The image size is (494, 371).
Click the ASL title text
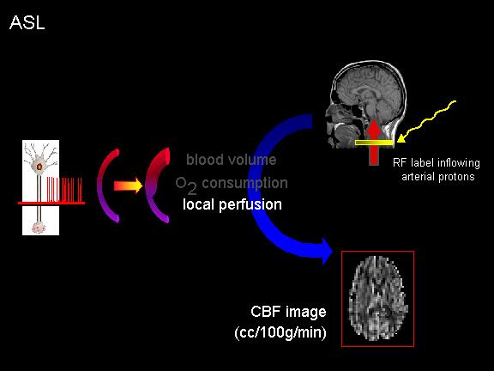point(27,22)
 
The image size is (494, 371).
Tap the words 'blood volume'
point(232,160)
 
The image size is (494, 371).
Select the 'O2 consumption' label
point(232,185)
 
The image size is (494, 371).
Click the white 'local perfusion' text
point(232,204)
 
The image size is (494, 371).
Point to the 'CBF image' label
point(288,312)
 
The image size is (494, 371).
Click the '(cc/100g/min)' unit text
point(280,332)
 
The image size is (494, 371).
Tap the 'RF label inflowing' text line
point(437,163)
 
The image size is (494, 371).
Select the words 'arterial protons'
point(438,177)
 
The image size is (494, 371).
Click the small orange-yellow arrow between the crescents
point(128,185)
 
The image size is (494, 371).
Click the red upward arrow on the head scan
point(374,142)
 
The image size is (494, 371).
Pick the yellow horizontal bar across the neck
point(374,143)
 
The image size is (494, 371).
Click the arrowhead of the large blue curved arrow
point(327,252)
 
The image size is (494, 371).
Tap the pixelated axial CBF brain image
point(377,299)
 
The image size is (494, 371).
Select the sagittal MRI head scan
point(366,105)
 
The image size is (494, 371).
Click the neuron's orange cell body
point(39,167)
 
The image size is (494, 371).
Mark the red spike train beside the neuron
point(64,189)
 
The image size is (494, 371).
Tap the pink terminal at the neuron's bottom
point(39,227)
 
